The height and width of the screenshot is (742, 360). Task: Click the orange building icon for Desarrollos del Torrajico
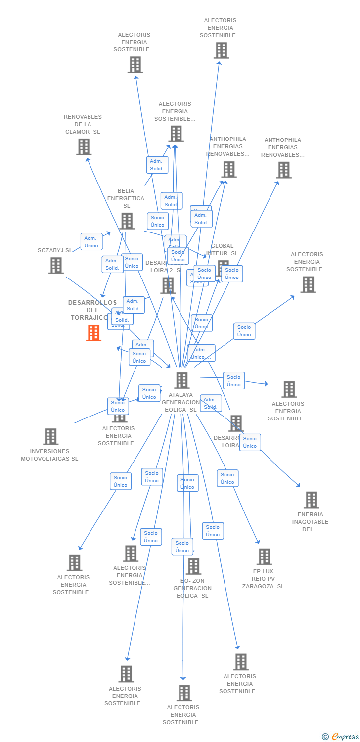[x=93, y=333]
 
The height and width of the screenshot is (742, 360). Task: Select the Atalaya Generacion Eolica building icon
[x=182, y=380]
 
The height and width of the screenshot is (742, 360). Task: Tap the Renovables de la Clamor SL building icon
[x=84, y=147]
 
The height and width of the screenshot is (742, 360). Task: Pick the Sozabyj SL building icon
[x=56, y=266]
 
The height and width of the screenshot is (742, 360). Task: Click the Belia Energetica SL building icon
[x=127, y=221]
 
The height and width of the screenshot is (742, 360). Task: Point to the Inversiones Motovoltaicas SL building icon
[x=50, y=437]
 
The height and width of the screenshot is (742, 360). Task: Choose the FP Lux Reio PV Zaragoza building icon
[x=264, y=556]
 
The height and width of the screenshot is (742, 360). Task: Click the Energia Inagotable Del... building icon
[x=311, y=500]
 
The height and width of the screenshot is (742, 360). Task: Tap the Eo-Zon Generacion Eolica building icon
[x=193, y=566]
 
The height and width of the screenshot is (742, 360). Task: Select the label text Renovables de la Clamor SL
[x=83, y=124]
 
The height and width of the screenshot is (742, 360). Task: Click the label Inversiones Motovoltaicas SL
[x=49, y=455]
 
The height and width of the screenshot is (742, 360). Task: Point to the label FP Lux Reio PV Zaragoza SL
[x=263, y=579]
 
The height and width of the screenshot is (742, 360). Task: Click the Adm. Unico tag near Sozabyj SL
[x=91, y=242]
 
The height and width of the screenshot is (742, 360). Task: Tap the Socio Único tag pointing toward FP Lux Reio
[x=227, y=478]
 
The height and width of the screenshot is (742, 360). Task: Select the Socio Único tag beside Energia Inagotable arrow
[x=250, y=442]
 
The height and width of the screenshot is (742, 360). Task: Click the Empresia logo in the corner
[x=340, y=737]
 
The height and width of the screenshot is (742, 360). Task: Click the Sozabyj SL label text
[x=54, y=250]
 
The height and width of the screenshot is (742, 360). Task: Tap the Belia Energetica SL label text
[x=126, y=198]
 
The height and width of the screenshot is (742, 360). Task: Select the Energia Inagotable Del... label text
[x=310, y=522]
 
